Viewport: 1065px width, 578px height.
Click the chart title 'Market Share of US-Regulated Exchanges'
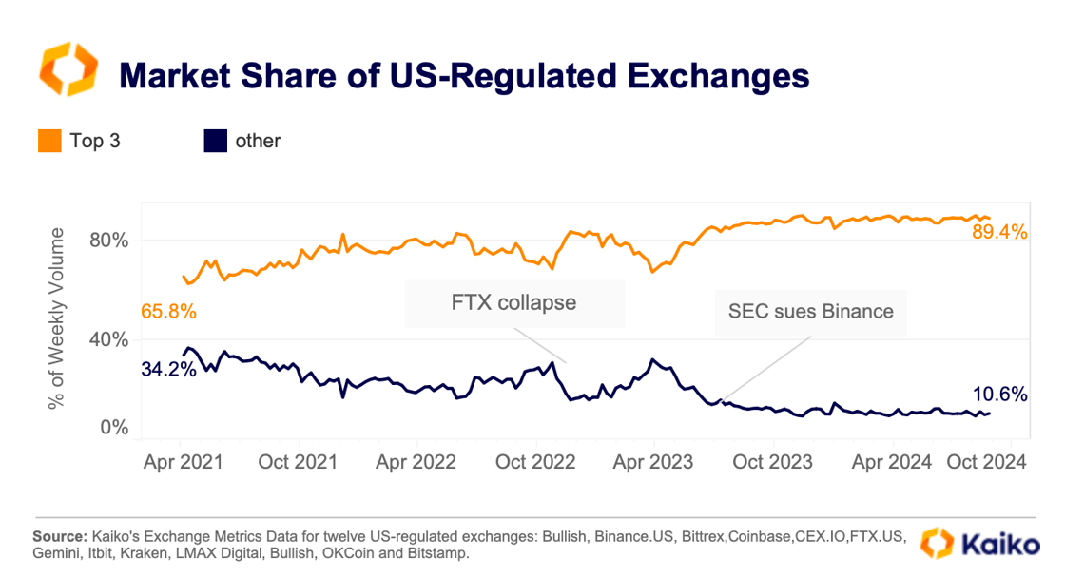pos(463,74)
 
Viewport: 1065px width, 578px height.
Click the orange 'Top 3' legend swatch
pos(50,142)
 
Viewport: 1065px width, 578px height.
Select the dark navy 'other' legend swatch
pos(216,142)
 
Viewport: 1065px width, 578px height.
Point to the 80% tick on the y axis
pos(107,240)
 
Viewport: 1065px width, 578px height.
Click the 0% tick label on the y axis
pos(113,428)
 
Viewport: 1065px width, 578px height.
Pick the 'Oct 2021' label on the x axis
pos(299,462)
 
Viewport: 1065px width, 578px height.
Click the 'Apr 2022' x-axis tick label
pos(417,462)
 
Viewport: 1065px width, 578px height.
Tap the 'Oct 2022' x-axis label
pos(536,462)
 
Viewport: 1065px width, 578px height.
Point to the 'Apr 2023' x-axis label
pos(654,462)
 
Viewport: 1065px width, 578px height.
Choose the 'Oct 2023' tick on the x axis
pos(772,462)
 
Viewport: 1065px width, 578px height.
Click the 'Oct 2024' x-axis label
pos(986,462)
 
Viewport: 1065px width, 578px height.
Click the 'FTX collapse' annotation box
pos(514,303)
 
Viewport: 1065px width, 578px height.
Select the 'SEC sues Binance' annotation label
pos(811,311)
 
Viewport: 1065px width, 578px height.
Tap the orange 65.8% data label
pos(168,311)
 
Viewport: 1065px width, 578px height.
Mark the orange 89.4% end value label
pos(999,231)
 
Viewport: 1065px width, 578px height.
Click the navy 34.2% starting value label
pos(168,369)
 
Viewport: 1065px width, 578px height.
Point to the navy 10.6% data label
pos(999,395)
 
